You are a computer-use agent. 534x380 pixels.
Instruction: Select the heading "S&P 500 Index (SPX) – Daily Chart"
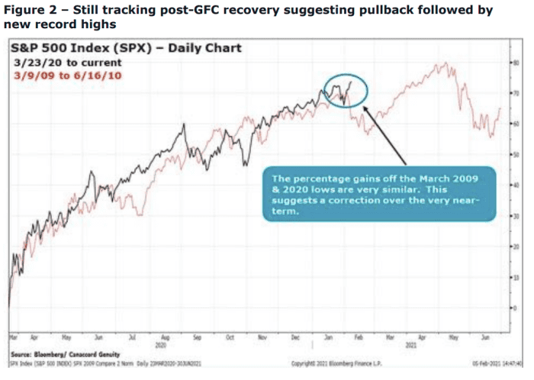coord(126,48)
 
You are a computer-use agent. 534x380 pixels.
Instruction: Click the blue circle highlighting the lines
coord(344,89)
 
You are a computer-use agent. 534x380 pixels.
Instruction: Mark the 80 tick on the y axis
coord(510,62)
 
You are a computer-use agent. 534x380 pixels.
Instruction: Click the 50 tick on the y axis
coord(510,155)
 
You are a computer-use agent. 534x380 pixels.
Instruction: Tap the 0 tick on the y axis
coord(510,308)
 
